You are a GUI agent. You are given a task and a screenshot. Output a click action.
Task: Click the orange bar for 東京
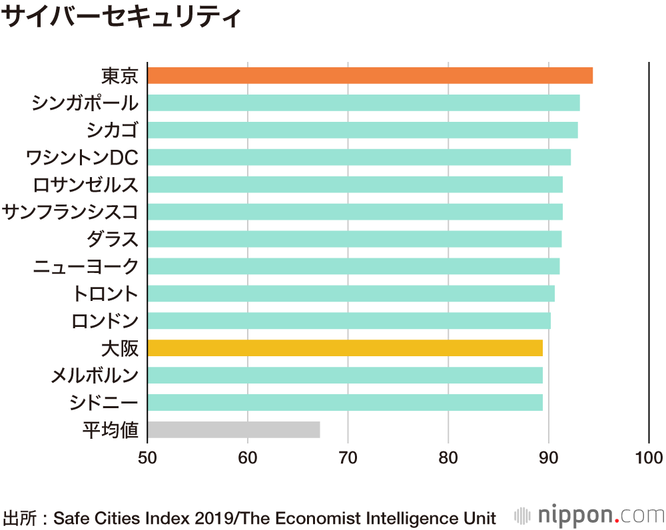click(x=370, y=75)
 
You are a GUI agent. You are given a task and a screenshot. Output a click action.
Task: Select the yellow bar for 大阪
click(x=345, y=348)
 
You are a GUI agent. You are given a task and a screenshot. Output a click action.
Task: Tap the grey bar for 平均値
click(x=233, y=429)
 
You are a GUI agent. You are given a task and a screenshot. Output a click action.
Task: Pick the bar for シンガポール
click(x=363, y=103)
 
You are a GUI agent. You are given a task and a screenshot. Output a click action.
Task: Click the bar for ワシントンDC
click(x=358, y=157)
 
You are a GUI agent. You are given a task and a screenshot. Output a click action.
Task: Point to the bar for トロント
click(x=350, y=293)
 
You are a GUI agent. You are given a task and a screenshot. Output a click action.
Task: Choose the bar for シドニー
click(x=345, y=402)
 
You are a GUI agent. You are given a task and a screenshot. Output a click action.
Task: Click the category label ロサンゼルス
click(x=85, y=184)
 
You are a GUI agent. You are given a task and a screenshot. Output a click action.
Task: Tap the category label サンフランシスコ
click(x=70, y=212)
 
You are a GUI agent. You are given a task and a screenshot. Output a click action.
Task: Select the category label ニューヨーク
click(x=85, y=266)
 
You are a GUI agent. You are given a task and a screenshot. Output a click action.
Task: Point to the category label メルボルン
click(x=95, y=376)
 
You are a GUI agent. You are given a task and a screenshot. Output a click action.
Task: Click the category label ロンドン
click(x=105, y=321)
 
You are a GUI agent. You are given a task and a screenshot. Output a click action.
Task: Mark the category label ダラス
click(x=112, y=239)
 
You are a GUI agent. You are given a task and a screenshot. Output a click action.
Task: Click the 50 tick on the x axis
click(x=147, y=457)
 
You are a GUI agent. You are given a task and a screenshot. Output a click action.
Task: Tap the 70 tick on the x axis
click(x=348, y=457)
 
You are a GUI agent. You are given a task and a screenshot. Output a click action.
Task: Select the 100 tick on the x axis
click(x=649, y=457)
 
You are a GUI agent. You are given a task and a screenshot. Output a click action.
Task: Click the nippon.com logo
click(x=589, y=515)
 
